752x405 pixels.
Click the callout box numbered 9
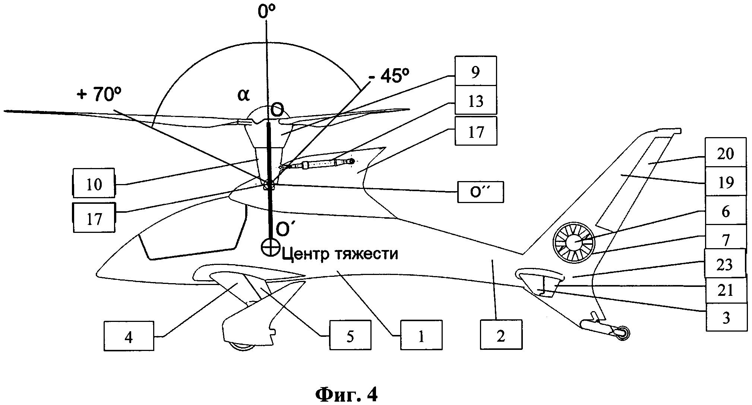point(475,71)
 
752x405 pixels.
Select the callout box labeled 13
point(475,100)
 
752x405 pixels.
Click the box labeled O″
point(480,192)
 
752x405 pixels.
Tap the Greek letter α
point(243,95)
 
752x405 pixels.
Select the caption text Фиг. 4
point(346,394)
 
